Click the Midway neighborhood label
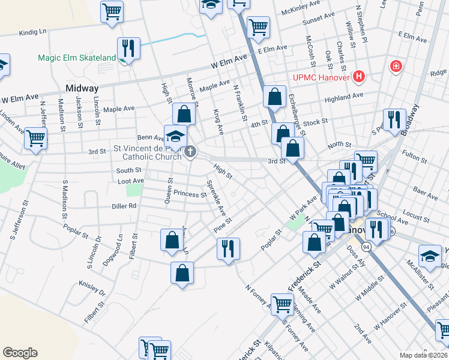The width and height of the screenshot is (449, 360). [x=82, y=88]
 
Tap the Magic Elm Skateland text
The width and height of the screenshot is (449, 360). [x=76, y=58]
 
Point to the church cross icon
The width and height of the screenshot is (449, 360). [x=190, y=151]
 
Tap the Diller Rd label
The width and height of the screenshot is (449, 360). [x=124, y=206]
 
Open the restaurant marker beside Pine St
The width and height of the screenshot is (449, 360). [x=228, y=248]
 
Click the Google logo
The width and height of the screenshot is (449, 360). [x=20, y=352]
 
